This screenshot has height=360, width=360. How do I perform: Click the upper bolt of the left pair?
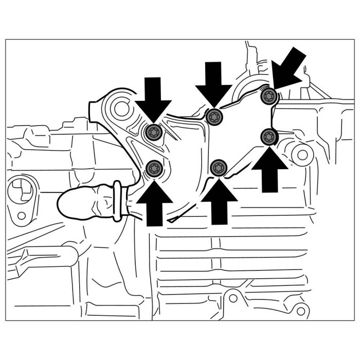tap(153, 133)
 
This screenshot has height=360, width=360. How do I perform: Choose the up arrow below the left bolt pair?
tap(153, 202)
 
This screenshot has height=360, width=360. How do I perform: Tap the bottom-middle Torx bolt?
tap(219, 167)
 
